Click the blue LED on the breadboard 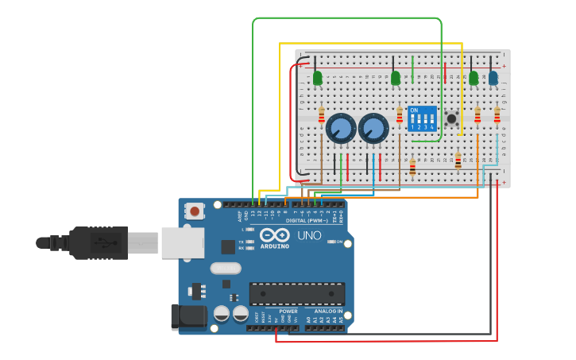click(x=493, y=78)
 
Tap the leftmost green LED click(x=317, y=78)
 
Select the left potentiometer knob click(x=341, y=128)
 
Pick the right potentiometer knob click(x=373, y=128)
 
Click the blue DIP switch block click(x=422, y=119)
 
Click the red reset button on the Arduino click(x=194, y=211)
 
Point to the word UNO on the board click(x=309, y=236)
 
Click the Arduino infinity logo click(x=274, y=235)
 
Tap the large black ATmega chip click(x=297, y=293)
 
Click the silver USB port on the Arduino click(x=183, y=242)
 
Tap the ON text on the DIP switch click(x=414, y=110)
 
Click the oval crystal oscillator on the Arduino click(x=226, y=268)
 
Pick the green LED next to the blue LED click(x=474, y=78)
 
